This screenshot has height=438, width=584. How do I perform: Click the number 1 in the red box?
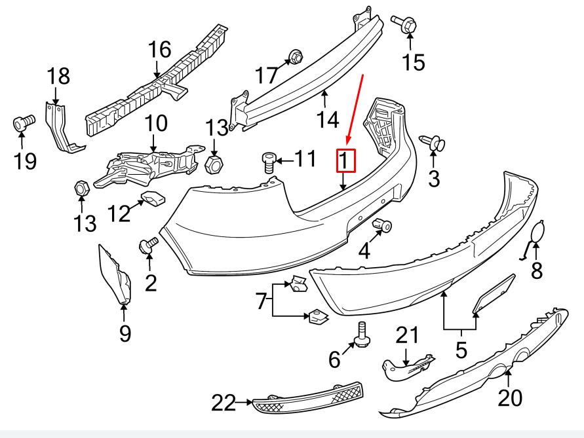coord(345,160)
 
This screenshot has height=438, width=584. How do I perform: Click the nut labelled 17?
coord(294,57)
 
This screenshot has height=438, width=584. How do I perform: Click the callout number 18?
coord(58,77)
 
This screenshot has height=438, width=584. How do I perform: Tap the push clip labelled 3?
coord(432,141)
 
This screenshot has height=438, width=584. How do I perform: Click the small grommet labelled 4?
coord(382,226)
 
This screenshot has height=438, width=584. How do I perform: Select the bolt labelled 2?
coord(149,245)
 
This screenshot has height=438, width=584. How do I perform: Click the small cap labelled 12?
coord(155,197)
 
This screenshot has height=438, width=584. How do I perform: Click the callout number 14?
coord(327,119)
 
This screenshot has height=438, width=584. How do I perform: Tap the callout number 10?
coord(156,122)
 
